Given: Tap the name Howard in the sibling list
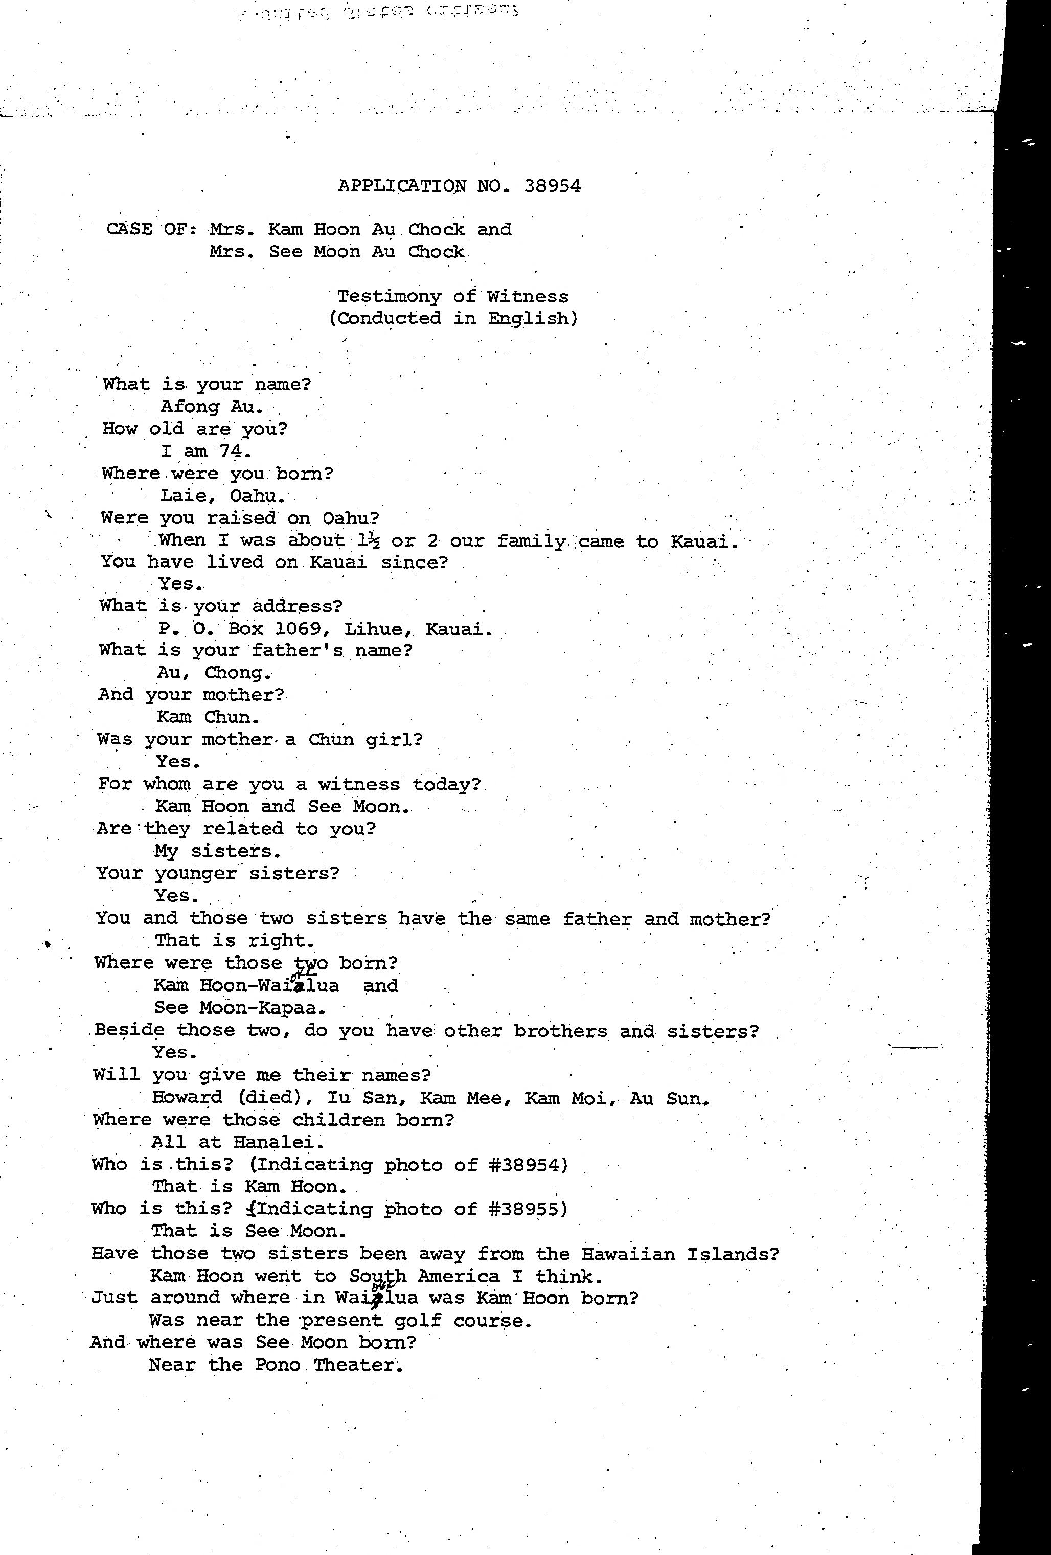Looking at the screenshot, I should [x=187, y=1097].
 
